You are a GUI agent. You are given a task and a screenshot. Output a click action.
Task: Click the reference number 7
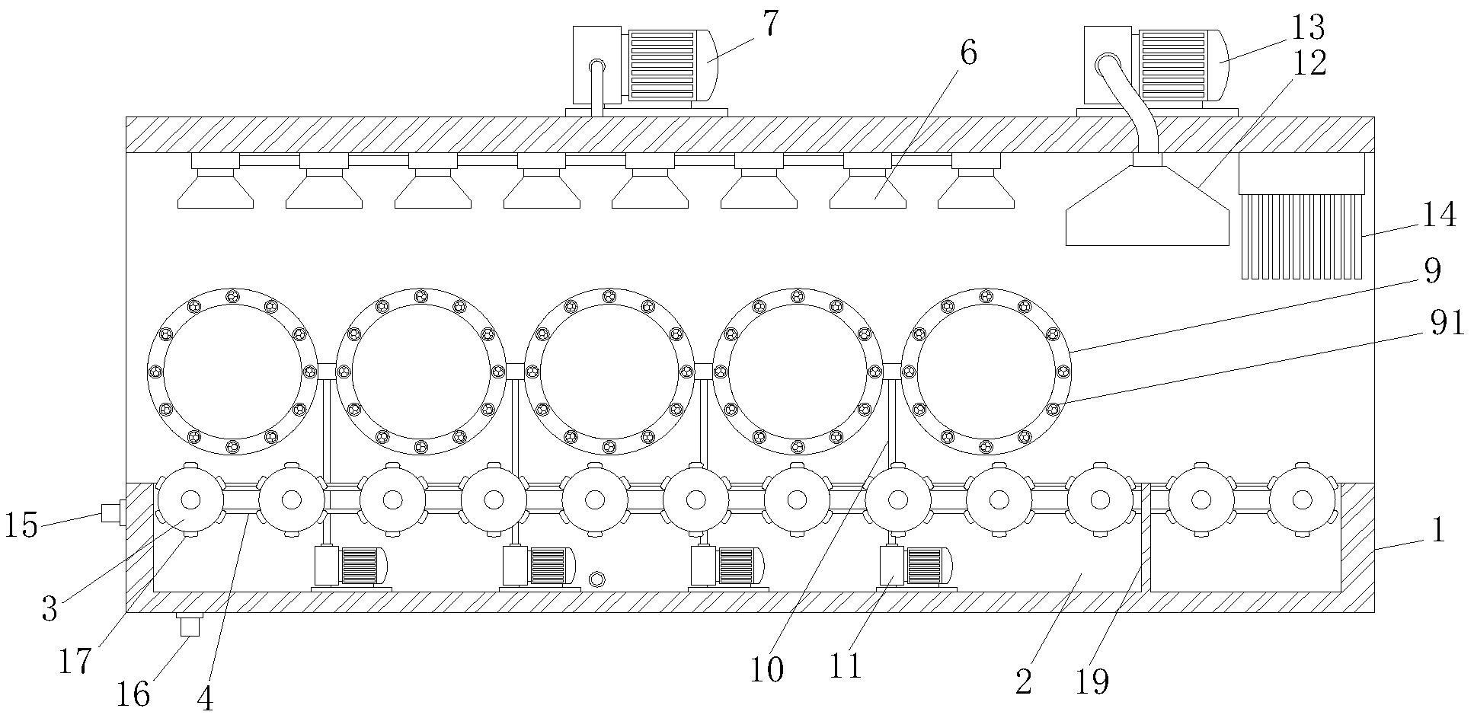(772, 25)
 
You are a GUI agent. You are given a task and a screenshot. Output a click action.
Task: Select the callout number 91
(1446, 324)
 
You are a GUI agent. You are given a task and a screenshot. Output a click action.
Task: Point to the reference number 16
(133, 694)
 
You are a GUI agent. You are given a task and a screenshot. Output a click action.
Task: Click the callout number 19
(1092, 681)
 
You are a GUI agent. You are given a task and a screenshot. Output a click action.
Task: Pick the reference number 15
(21, 526)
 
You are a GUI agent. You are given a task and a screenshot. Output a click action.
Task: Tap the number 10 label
(766, 670)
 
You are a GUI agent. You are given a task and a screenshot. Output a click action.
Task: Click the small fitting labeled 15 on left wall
(113, 512)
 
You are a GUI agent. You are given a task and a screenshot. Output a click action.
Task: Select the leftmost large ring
(232, 372)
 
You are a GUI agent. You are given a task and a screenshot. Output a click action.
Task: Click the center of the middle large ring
(609, 372)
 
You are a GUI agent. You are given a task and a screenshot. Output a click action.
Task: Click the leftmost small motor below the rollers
(350, 567)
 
